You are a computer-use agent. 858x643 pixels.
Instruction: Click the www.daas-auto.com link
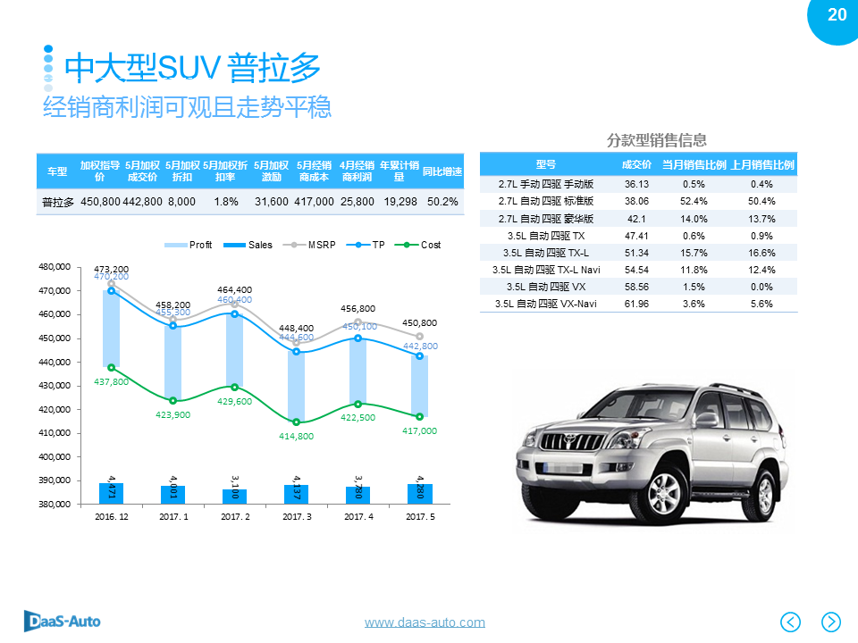pos(425,622)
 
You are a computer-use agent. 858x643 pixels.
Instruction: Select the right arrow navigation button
pos(831,622)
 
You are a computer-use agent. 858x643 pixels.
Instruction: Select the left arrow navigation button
pos(791,622)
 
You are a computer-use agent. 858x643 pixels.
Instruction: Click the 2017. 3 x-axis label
pos(297,517)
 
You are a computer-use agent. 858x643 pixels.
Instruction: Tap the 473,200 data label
pos(111,269)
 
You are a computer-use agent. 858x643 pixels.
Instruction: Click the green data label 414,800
pos(296,436)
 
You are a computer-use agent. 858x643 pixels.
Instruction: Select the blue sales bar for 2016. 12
pos(111,493)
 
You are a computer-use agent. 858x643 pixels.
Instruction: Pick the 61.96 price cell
pos(636,304)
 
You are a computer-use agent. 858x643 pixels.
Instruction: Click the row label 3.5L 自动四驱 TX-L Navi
pos(546,270)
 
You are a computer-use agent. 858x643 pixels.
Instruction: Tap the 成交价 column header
pos(636,164)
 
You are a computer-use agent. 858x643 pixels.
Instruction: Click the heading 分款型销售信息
pos(657,140)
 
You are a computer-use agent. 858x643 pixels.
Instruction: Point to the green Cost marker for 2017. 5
pos(419,417)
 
